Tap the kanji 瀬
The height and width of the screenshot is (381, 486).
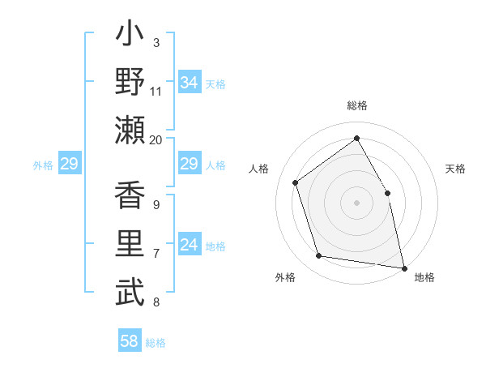tap(130, 130)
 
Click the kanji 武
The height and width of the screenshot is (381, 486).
tap(130, 293)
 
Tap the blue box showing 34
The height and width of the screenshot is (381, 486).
tap(189, 83)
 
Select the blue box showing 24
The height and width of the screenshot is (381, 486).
tap(189, 246)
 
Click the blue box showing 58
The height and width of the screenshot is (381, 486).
tap(129, 341)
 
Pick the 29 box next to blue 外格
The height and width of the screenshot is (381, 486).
tap(69, 165)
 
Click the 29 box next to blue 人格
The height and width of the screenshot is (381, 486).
tap(189, 165)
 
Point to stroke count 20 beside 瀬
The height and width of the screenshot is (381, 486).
tap(156, 139)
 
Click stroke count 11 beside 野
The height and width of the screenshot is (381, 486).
tap(156, 91)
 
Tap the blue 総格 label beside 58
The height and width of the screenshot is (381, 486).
tap(156, 343)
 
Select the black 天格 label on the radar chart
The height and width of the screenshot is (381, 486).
tap(456, 169)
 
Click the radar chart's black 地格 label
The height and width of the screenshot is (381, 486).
tap(424, 277)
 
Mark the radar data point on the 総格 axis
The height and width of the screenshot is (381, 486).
tap(356, 138)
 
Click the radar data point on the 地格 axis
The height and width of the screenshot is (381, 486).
tap(403, 267)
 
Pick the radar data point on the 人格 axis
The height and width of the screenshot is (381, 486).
tap(296, 182)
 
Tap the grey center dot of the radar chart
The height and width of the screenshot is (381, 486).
tap(356, 202)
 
